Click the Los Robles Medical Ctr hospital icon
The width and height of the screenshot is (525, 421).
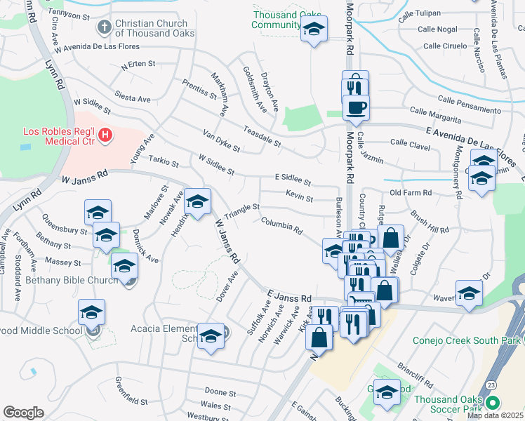tap(105, 134)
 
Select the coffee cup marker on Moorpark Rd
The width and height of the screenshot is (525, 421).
tap(356, 108)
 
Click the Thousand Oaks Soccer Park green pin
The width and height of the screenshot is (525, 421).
tap(492, 403)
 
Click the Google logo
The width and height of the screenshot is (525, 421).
tap(24, 412)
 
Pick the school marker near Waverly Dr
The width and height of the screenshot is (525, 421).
tap(469, 295)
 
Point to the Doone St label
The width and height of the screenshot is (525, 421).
tap(220, 392)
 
